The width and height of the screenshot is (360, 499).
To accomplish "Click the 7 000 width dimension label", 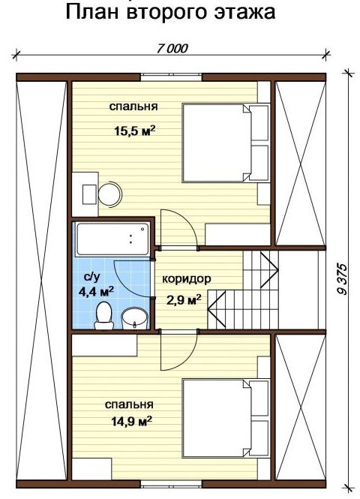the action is click(172, 48).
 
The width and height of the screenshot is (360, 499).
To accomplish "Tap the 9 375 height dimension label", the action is click(343, 279).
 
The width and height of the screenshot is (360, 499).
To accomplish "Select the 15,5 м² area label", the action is click(135, 131).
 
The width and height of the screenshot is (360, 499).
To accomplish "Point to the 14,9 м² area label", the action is click(131, 421).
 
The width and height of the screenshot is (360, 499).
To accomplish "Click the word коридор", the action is click(186, 279).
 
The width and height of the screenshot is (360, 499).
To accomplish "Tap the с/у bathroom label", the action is click(92, 277).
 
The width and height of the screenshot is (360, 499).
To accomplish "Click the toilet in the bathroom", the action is click(103, 316).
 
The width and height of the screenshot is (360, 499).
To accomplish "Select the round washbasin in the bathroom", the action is click(134, 318).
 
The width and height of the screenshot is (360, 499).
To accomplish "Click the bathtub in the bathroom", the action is click(112, 239).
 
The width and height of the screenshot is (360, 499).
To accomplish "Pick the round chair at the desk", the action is click(110, 194).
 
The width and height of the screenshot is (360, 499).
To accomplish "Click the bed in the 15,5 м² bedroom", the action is click(226, 143).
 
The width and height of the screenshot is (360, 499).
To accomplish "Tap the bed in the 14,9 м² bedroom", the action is click(226, 418).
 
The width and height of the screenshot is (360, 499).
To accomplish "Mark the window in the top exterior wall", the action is click(171, 77).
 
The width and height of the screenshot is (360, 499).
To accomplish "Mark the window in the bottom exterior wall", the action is click(171, 484).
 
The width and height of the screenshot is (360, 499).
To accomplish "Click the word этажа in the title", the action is click(244, 12).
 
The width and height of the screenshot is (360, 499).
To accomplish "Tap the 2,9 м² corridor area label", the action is click(184, 299).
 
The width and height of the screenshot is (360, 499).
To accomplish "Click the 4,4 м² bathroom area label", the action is click(96, 291).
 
